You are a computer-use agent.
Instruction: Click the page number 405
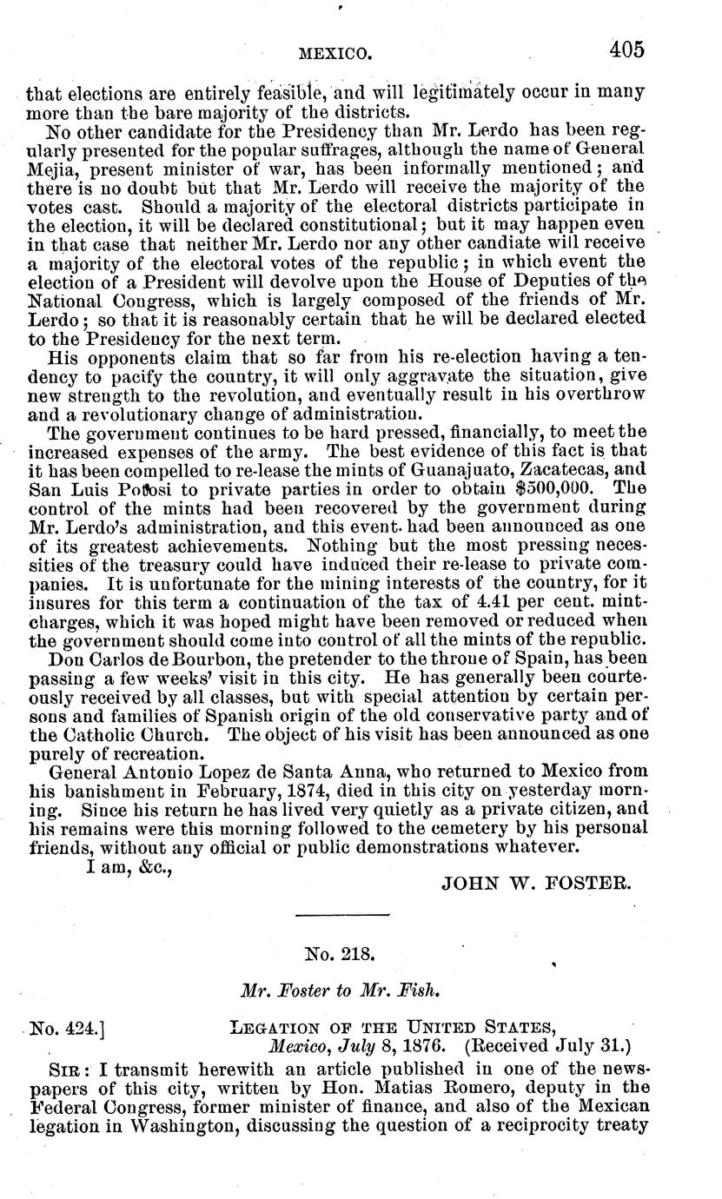pos(626,50)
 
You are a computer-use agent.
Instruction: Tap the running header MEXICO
pos(335,55)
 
